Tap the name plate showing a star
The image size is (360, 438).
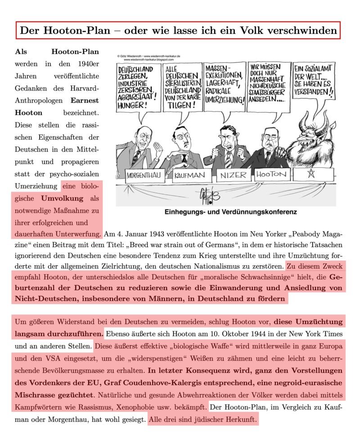(x=310, y=174)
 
